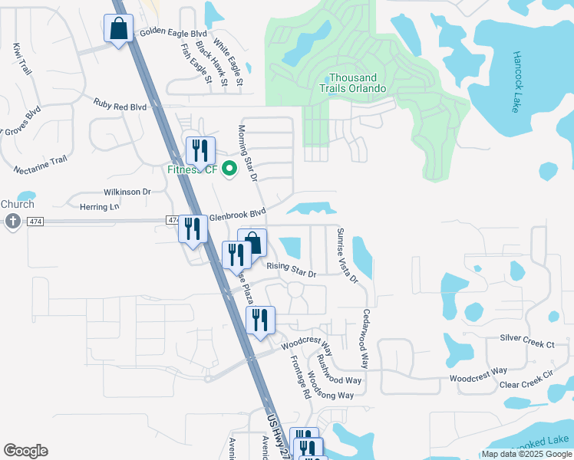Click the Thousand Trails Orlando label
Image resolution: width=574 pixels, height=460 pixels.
(x=353, y=83)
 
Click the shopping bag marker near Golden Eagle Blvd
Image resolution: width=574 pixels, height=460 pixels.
(x=118, y=29)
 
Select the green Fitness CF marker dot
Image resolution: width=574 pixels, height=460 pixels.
(x=229, y=169)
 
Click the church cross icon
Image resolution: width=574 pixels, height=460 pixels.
(x=12, y=222)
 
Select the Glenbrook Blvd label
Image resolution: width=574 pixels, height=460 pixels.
(x=237, y=215)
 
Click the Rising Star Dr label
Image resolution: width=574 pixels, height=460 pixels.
(x=291, y=271)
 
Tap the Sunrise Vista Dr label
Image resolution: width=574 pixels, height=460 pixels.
(x=348, y=255)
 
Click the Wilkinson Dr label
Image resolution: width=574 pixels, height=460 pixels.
(x=130, y=192)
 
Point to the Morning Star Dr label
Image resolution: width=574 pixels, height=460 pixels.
(x=247, y=154)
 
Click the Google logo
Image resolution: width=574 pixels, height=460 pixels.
(x=25, y=451)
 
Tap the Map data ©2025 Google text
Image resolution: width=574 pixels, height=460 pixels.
(x=526, y=454)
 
